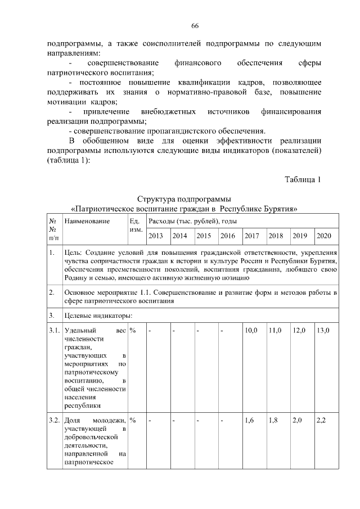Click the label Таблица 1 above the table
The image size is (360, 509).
[x=303, y=180]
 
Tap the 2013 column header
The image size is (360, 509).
[x=156, y=236]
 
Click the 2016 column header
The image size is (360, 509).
[x=228, y=236]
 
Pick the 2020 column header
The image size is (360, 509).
[x=323, y=236]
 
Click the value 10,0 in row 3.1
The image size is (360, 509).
[x=251, y=330]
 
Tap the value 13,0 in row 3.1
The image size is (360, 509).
[x=323, y=330]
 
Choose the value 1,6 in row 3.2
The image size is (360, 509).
[x=250, y=420]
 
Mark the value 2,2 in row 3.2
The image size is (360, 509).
[x=322, y=420]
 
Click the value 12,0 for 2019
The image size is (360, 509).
[x=299, y=330]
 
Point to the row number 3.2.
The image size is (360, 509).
[x=55, y=420]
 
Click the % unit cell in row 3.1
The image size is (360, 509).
[x=133, y=330]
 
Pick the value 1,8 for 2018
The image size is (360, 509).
[x=274, y=420]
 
